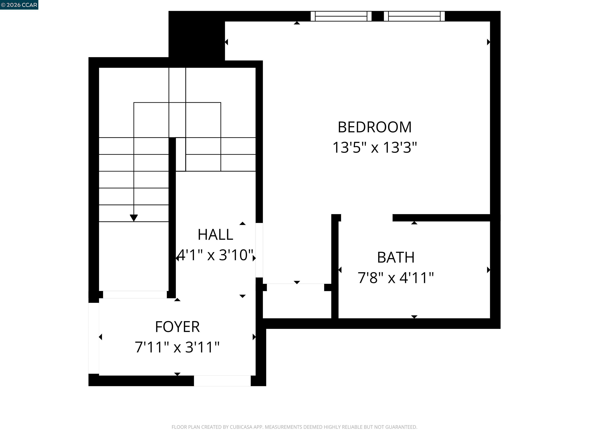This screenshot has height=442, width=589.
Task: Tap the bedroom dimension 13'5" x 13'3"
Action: pos(374,147)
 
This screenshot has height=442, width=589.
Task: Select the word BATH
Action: pos(396,257)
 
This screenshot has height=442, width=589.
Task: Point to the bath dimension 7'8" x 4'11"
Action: pos(396,278)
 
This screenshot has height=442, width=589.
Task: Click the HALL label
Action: pos(215,235)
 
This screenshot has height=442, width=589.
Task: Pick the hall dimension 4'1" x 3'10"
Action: pos(215,255)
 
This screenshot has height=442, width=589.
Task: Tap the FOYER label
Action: pos(177,327)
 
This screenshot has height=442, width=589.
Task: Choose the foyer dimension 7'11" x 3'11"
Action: pos(177,347)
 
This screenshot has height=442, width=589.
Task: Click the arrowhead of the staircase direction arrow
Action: pos(134,218)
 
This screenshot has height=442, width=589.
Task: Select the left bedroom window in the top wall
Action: pos(341,16)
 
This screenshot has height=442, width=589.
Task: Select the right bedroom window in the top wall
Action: pos(414,16)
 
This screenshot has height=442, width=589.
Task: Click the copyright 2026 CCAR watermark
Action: pos(19,5)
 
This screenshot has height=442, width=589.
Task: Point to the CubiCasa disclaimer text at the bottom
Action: pos(294,427)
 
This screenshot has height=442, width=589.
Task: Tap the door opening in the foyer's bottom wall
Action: pos(222,381)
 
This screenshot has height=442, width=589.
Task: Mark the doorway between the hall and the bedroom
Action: pos(259,250)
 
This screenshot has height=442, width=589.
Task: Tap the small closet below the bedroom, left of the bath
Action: pos(297,301)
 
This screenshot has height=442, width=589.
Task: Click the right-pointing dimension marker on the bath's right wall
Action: pos(488,270)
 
